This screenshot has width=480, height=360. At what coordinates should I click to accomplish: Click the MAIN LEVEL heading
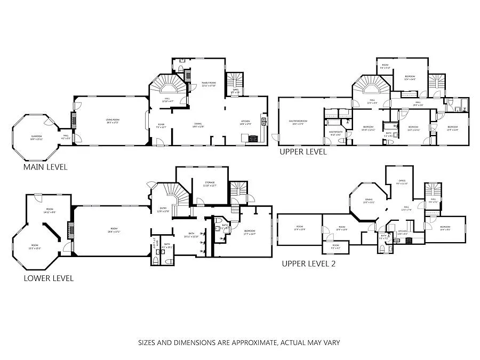[45, 167]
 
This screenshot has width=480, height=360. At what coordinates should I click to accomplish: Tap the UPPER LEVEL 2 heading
[308, 263]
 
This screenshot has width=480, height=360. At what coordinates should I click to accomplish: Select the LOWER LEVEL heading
[49, 278]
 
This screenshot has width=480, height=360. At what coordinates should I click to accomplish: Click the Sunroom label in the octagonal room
[36, 138]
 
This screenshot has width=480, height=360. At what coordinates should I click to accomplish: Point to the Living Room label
[112, 122]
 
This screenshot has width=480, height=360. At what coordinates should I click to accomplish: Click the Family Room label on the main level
[208, 84]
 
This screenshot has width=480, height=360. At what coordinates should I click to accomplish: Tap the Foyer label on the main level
[161, 126]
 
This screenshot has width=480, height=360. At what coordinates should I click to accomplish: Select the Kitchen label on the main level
[245, 122]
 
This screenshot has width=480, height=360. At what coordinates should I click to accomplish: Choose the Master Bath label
[335, 133]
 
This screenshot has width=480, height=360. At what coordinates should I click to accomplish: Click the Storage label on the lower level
[209, 183]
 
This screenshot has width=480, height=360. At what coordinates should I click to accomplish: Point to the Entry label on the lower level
[163, 209]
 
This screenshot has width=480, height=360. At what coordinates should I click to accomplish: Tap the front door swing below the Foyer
[158, 141]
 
